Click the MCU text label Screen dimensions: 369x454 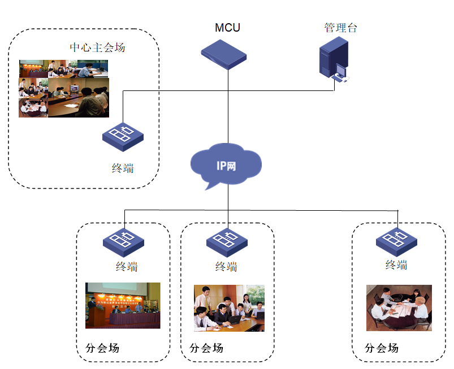click(x=227, y=28)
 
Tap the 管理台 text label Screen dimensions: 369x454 click(x=341, y=27)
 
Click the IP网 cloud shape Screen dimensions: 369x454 click(x=227, y=165)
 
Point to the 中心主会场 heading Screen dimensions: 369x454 click(x=97, y=47)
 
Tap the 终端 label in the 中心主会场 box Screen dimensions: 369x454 click(x=123, y=167)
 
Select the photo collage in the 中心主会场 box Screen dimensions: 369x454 click(x=63, y=88)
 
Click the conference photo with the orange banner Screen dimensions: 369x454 click(x=123, y=305)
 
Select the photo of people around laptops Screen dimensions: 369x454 click(x=229, y=307)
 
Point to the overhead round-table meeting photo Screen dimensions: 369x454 click(x=399, y=307)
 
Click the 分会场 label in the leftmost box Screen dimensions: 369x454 click(x=102, y=347)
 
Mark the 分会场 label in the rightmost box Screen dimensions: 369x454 click(x=382, y=347)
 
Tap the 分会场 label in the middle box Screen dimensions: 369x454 click(x=206, y=347)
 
